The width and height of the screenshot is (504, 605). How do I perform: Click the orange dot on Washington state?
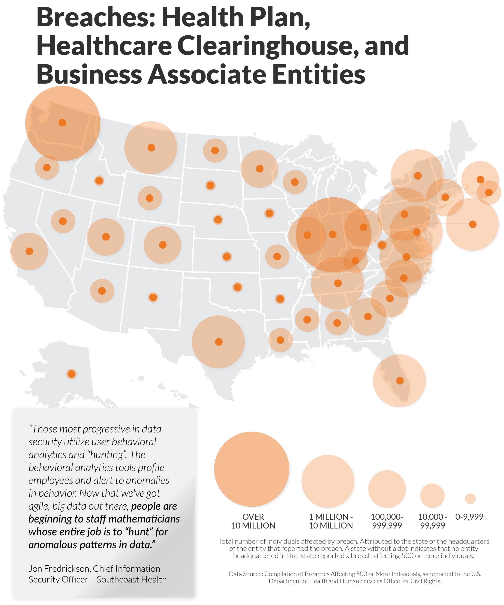click(62, 122)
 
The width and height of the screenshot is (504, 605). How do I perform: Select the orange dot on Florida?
click(399, 381)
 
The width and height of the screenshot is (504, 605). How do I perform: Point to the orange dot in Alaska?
click(71, 374)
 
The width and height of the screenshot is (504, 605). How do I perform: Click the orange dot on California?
click(29, 251)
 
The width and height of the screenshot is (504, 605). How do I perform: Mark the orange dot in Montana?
click(151, 147)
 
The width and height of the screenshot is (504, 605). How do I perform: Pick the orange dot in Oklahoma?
click(237, 287)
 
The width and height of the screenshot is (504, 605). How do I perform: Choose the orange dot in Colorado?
click(162, 245)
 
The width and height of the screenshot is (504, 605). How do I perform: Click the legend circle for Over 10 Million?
click(251, 469)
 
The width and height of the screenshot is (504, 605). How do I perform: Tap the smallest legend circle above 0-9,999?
click(470, 499)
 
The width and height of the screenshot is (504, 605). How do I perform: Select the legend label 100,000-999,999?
click(387, 521)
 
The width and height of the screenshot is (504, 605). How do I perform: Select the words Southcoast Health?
click(132, 579)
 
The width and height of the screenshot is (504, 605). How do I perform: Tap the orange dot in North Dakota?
click(215, 150)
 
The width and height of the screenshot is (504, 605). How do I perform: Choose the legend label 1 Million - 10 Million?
click(331, 521)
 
